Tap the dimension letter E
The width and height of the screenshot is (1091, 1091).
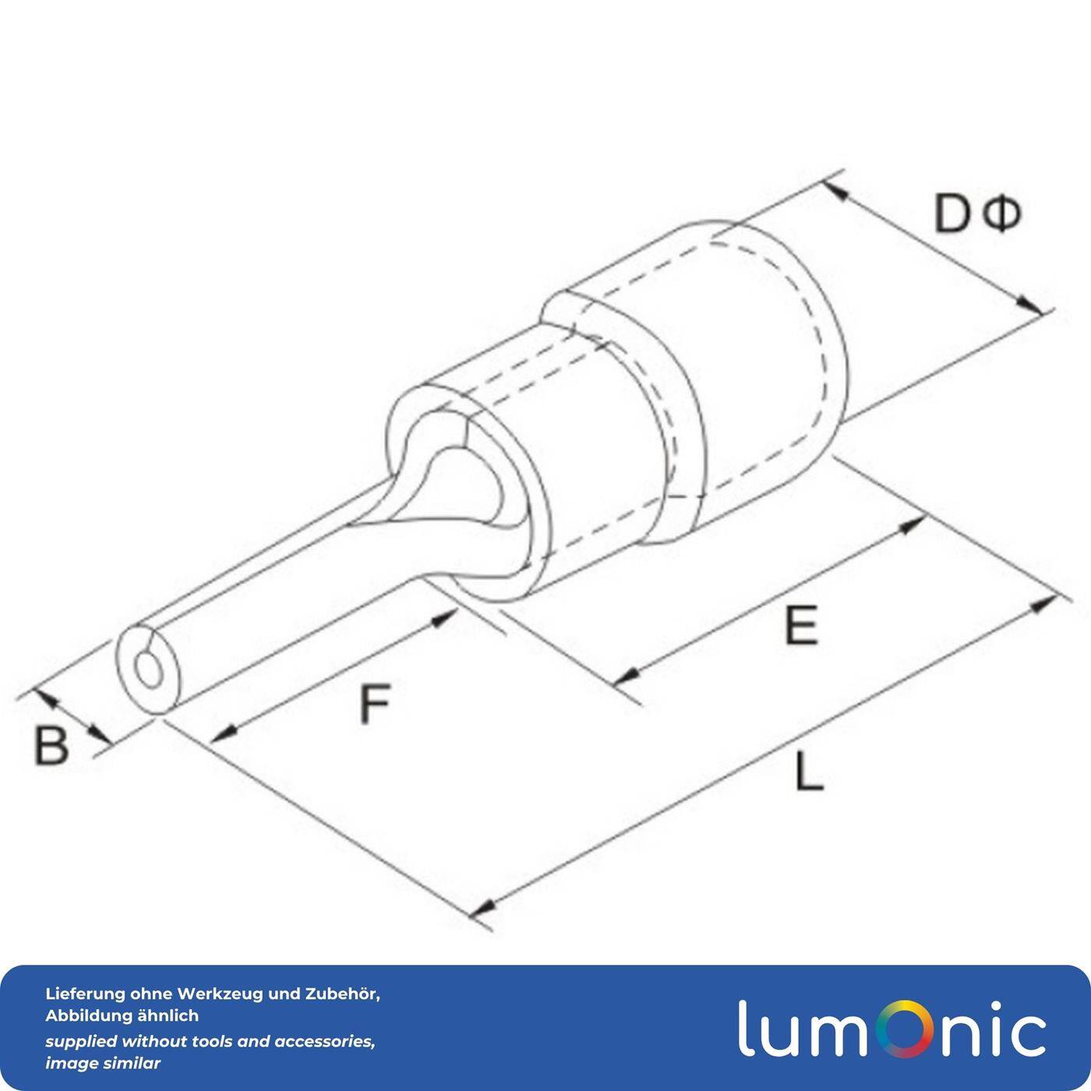click(801, 625)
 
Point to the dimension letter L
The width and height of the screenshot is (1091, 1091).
click(809, 773)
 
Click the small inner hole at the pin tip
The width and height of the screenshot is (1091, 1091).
click(146, 668)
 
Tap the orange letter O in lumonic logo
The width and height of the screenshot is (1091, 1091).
click(899, 1028)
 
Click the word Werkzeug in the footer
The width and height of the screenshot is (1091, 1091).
click(221, 994)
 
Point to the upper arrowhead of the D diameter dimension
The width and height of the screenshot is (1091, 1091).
click(836, 189)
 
